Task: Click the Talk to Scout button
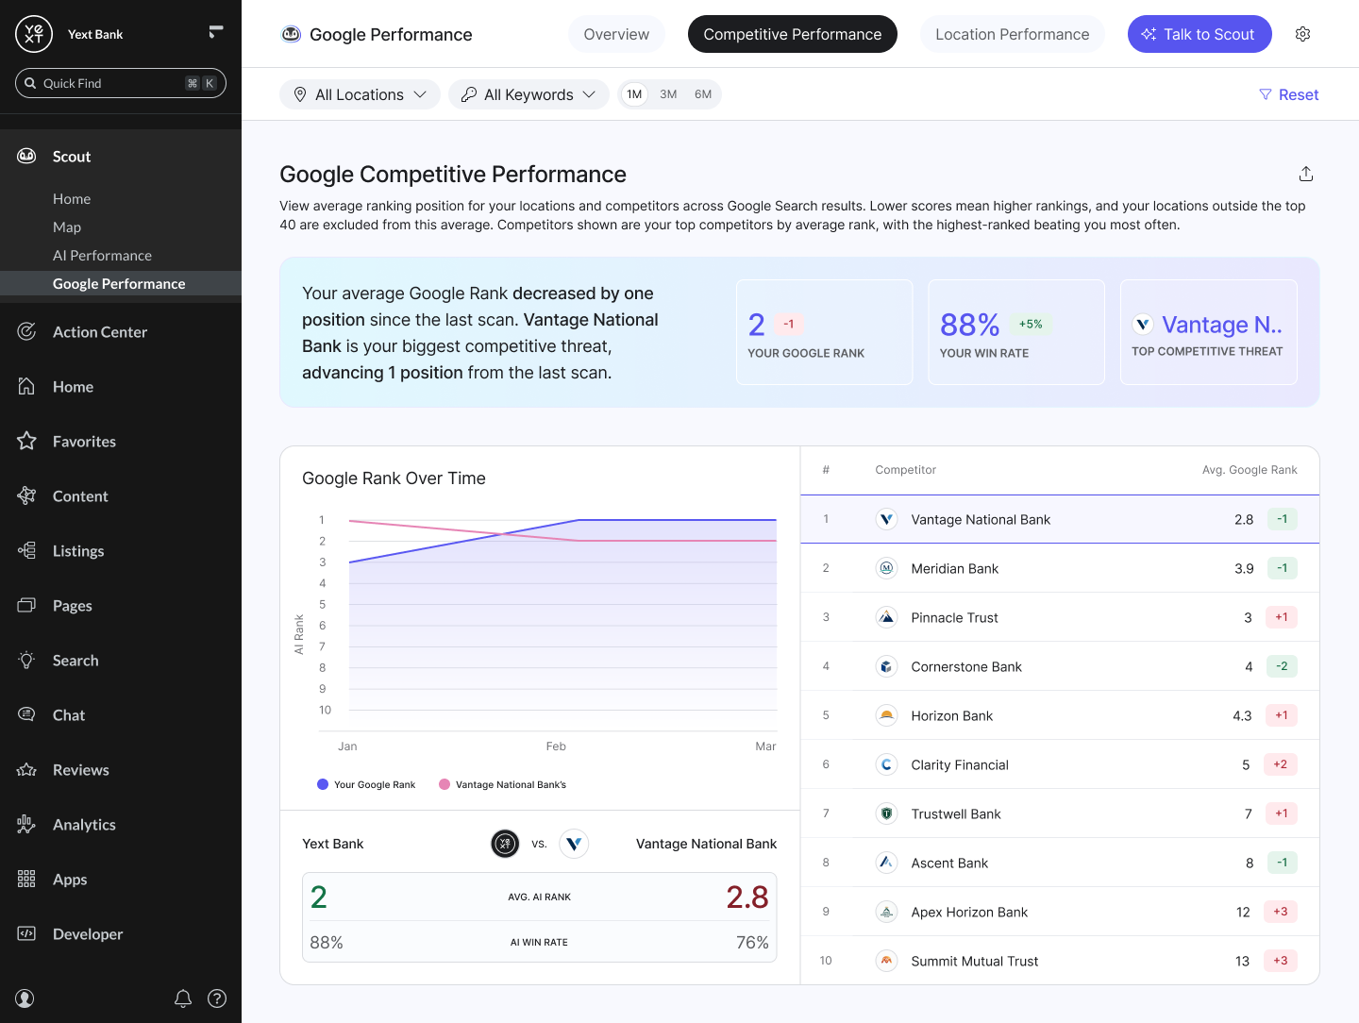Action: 1200,34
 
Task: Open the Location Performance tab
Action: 1012,34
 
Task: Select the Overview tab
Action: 616,34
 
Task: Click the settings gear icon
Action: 1302,34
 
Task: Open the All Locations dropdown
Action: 360,94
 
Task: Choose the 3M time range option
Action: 668,94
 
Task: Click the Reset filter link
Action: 1289,94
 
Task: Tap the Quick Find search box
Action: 121,83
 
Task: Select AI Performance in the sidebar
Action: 102,256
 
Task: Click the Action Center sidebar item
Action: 100,332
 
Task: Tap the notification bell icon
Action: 183,998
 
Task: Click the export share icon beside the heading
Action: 1306,174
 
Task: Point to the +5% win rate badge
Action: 1031,324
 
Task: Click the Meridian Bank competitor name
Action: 954,568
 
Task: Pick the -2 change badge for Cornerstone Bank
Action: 1282,666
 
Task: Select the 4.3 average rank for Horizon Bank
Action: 1242,715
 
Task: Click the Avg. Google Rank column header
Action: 1250,470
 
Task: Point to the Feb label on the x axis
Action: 556,746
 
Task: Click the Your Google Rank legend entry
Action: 366,785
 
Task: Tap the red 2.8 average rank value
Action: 747,897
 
